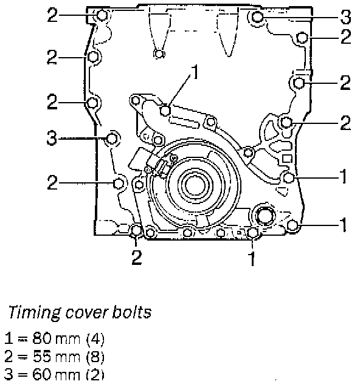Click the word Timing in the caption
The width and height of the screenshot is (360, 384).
tap(34, 312)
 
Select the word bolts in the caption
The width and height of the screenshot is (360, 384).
tap(132, 312)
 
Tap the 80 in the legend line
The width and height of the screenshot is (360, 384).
tap(42, 338)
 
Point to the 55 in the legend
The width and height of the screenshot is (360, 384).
tap(42, 356)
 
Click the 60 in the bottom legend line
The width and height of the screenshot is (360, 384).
tap(42, 374)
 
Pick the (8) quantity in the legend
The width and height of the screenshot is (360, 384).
tap(95, 357)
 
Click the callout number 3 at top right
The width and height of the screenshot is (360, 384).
tap(345, 17)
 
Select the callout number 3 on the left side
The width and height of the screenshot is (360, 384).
tap(52, 138)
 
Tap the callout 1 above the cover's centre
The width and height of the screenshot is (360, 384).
tap(195, 72)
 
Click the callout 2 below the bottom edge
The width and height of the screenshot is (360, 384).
tap(136, 257)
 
